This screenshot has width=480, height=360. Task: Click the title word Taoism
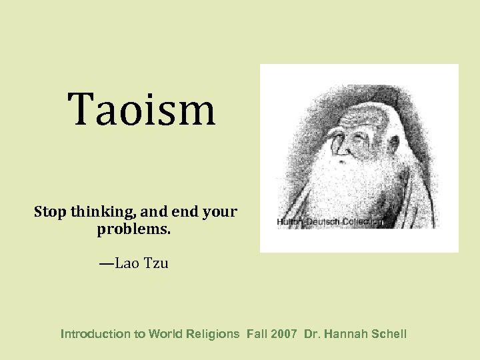142,110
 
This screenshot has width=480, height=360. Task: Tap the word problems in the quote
133,230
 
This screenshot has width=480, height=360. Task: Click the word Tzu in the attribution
157,263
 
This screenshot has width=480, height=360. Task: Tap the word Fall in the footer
257,334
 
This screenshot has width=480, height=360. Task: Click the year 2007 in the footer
285,334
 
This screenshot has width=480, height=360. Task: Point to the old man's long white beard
353,187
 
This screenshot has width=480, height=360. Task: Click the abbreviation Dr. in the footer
312,334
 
